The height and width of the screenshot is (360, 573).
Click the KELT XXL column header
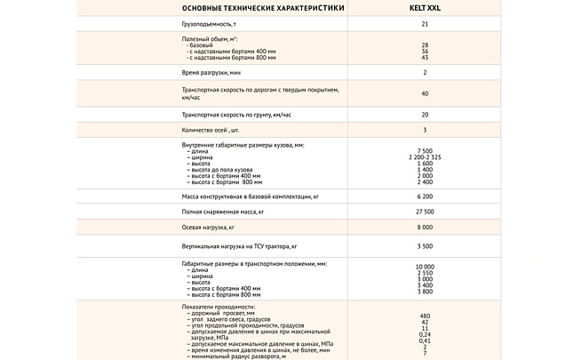tap(425, 8)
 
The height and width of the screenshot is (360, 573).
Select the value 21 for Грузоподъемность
tap(425, 24)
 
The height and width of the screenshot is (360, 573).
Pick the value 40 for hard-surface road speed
tap(425, 93)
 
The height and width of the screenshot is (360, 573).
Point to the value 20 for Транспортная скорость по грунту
tap(425, 115)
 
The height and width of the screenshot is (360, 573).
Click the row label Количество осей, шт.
tap(211, 130)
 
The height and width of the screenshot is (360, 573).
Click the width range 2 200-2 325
tap(425, 158)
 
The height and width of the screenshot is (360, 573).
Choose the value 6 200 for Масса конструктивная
tap(425, 196)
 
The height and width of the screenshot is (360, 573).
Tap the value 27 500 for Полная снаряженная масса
tap(425, 212)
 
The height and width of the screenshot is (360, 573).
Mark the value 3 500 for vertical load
tap(425, 244)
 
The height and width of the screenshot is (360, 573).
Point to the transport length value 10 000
tap(425, 267)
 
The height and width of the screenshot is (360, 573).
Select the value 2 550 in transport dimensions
tap(425, 273)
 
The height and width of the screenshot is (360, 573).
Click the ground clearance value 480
tap(425, 316)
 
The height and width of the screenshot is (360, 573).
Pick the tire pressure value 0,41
tap(425, 340)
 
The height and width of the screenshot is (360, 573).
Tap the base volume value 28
tap(425, 44)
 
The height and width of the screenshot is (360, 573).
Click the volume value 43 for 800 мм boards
tap(425, 57)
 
